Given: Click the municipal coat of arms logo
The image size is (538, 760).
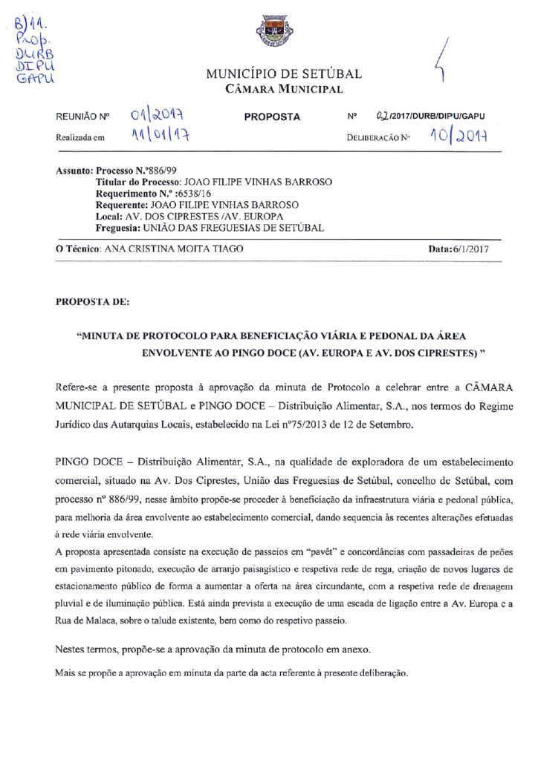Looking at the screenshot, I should point(274,31).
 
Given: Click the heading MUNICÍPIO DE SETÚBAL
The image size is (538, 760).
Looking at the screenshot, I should point(284,74).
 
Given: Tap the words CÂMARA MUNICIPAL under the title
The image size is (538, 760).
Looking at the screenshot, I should point(284,90).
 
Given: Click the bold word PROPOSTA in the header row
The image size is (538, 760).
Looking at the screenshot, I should point(272,117).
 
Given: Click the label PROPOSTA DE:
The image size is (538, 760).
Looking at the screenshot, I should point(93,303).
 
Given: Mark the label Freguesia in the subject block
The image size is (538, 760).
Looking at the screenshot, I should point(118,227).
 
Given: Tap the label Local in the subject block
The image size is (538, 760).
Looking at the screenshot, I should point(108,216).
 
